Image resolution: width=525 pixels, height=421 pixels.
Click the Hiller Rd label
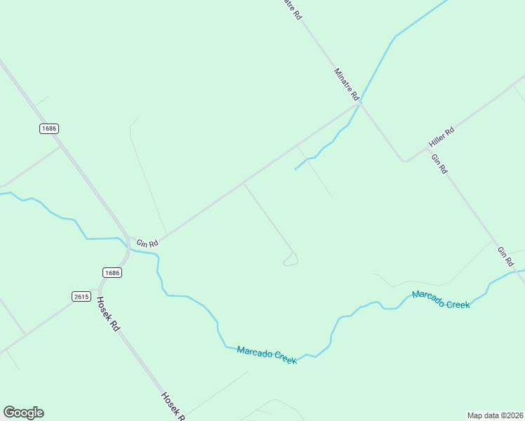441,138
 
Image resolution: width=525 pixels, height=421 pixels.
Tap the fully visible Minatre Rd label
347,83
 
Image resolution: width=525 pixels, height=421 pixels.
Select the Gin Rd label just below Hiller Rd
439,164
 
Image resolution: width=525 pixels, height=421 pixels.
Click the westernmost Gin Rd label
147,242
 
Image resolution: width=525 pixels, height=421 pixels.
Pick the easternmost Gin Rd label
505,256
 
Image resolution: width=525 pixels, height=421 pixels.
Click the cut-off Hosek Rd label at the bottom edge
173,406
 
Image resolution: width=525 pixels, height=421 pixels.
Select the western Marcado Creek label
267,354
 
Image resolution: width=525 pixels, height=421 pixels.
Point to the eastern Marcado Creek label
441,300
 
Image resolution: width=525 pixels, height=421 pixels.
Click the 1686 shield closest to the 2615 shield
112,272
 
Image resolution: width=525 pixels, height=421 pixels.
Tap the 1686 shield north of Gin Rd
48,128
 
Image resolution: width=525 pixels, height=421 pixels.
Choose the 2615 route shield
81,296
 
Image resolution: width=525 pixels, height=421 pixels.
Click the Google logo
23,413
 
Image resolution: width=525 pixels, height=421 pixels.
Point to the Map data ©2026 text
495,415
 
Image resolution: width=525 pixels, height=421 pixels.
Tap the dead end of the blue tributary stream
295,169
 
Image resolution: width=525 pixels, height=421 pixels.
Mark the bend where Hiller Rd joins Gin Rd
404,160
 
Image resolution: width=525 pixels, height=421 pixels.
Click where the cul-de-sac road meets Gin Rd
244,184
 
